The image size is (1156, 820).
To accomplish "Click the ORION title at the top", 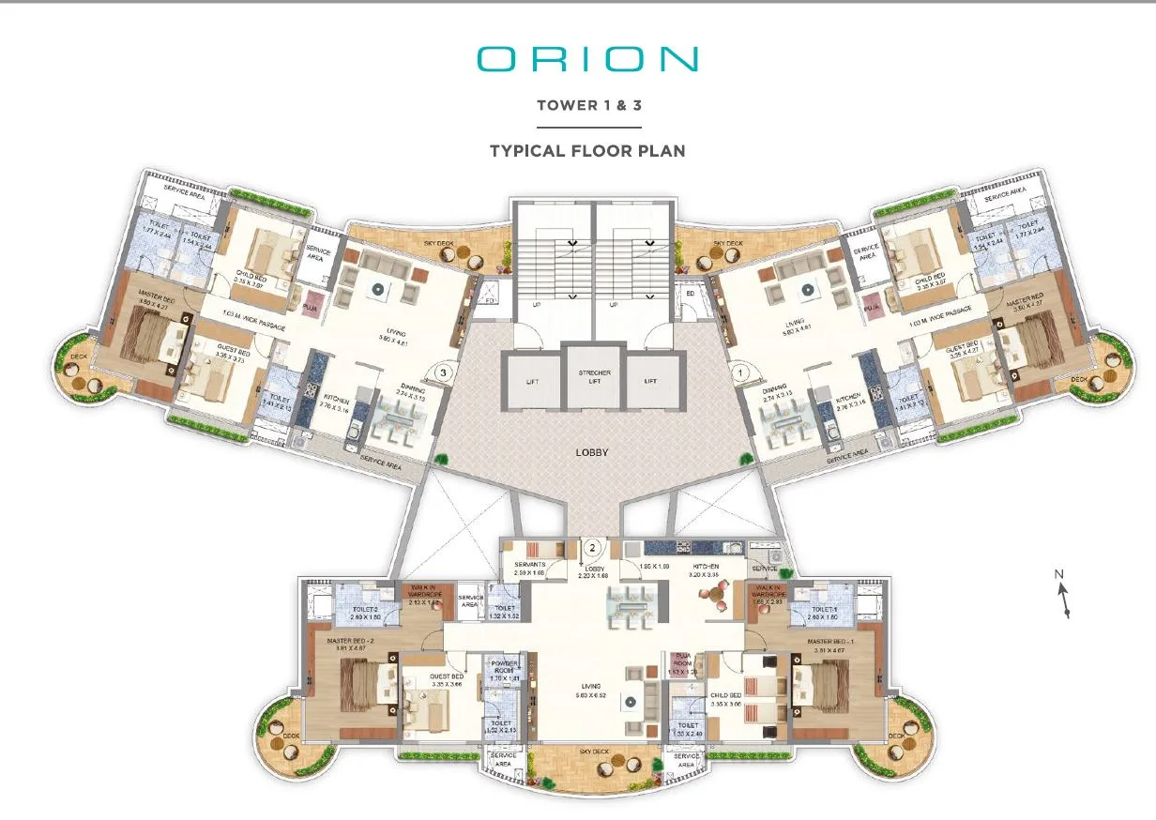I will pyautogui.click(x=587, y=59).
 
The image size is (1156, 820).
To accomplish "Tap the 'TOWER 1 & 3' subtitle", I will pyautogui.click(x=587, y=105).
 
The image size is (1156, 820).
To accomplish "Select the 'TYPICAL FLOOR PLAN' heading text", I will pyautogui.click(x=587, y=150).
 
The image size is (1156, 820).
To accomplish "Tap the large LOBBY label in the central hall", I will pyautogui.click(x=592, y=452).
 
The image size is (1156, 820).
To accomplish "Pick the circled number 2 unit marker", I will pyautogui.click(x=592, y=545).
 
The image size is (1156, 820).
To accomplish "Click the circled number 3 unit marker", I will pyautogui.click(x=443, y=372).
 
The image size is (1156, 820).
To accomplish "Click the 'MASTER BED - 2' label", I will pyautogui.click(x=350, y=642).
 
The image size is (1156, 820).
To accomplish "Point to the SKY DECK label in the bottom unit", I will pyautogui.click(x=593, y=752).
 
